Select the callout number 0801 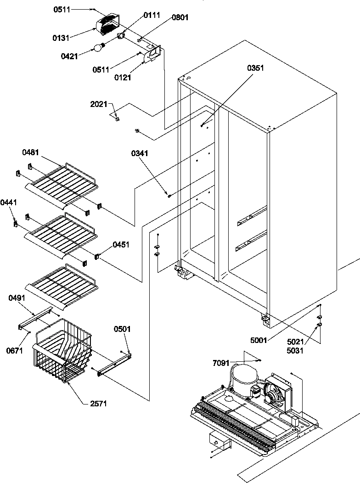click(180, 18)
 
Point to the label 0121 click(123, 78)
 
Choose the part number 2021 click(99, 104)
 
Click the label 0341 click(139, 154)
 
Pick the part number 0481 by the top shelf click(30, 152)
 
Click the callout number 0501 click(122, 329)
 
